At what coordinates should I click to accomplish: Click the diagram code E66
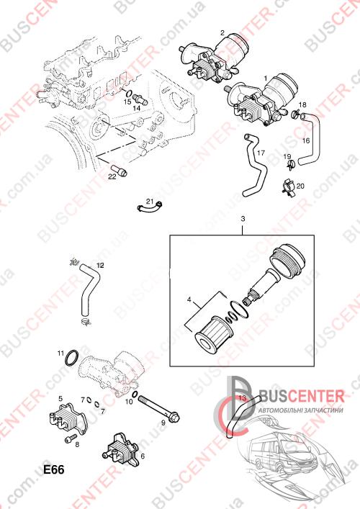54,469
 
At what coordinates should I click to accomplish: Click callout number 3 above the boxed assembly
243,219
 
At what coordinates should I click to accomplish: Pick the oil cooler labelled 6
121,447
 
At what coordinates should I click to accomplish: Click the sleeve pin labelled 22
119,170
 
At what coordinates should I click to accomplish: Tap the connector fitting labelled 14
140,99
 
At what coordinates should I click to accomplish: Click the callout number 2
222,32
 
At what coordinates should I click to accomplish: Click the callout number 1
266,78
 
